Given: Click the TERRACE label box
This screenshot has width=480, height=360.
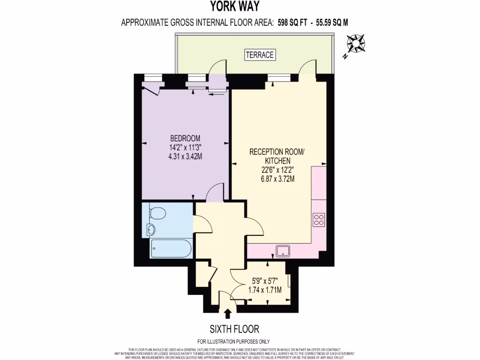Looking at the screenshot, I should [x=260, y=55].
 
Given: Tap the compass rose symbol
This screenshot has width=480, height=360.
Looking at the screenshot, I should [x=358, y=44].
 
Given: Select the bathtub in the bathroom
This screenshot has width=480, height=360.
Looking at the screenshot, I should [x=171, y=248].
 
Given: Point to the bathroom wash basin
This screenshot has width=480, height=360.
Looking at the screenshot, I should [x=150, y=230].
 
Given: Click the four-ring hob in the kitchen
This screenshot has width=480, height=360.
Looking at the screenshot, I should [x=319, y=219].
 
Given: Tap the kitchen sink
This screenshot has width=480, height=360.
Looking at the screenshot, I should [x=283, y=251].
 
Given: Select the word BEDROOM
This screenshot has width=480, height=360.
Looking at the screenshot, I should [x=185, y=138].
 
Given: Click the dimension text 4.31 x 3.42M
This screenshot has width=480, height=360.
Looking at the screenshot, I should [x=185, y=156].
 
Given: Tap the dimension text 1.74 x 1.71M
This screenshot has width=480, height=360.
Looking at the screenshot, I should [x=264, y=290].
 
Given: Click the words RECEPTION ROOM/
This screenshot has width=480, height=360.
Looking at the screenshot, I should [x=277, y=152].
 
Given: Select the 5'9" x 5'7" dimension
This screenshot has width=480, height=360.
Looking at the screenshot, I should [x=264, y=281].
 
